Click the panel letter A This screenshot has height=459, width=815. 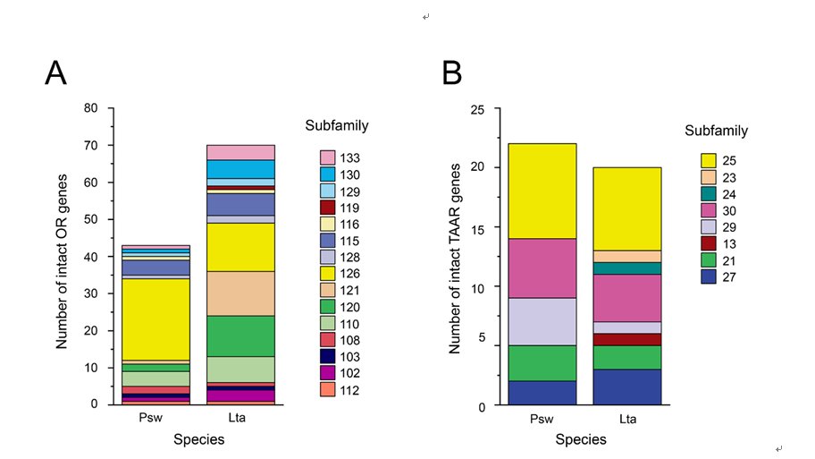55,72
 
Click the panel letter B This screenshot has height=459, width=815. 451,72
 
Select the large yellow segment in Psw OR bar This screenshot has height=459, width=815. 155,319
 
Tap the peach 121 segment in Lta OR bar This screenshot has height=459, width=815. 240,293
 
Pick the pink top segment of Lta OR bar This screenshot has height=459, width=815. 240,152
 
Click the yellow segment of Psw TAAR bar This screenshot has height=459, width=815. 542,191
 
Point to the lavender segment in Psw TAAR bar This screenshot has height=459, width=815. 542,321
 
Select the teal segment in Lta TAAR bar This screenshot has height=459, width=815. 626,268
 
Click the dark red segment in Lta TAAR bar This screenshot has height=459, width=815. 626,340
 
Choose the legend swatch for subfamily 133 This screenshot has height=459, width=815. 327,157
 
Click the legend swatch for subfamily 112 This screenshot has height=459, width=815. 327,390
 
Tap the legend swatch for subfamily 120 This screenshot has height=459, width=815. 327,307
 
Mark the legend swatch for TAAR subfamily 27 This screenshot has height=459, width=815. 709,276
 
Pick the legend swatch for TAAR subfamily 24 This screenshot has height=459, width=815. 709,194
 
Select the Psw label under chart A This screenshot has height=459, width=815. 151,417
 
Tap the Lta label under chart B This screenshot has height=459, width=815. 627,419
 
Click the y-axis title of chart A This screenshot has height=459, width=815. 62,261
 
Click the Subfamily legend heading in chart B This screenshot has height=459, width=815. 716,131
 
